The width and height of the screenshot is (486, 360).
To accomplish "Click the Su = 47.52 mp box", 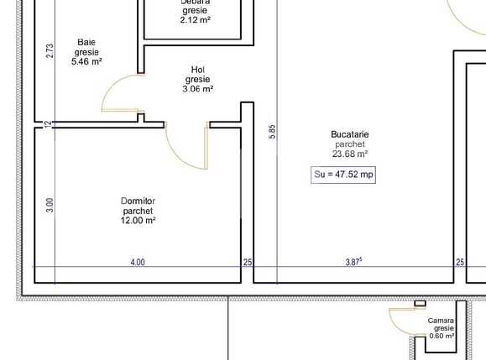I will (343, 175).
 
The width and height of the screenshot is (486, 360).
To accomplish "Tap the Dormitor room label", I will (138, 201).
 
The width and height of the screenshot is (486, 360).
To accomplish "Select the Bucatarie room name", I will (350, 134).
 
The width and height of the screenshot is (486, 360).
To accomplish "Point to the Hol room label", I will (198, 70).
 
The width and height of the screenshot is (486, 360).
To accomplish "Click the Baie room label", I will (86, 41).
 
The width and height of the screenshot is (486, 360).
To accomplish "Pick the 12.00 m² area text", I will (138, 222).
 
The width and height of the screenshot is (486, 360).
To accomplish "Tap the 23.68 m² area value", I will (350, 154).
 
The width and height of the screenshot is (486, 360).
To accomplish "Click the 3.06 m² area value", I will (198, 89).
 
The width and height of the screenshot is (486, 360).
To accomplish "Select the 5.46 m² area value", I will (86, 61).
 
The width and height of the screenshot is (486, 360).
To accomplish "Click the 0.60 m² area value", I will (442, 336).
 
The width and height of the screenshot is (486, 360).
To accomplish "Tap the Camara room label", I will (442, 321).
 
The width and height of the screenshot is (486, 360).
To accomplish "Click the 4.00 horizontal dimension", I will (138, 263).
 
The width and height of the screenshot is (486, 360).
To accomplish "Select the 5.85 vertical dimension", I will (272, 133).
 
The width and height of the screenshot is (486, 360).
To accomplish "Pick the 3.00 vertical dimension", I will (50, 204).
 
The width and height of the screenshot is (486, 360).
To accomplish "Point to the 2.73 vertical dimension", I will (50, 51).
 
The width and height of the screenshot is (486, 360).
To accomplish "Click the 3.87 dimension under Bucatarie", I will (354, 263).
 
